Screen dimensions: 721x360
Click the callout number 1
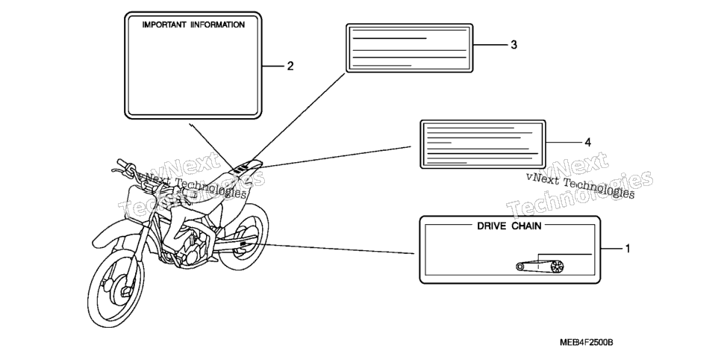(x=628, y=249)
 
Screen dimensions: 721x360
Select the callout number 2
(x=290, y=66)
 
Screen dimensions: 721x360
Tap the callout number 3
(x=514, y=45)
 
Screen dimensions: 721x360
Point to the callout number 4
(x=587, y=143)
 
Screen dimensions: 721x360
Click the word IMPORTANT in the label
(x=164, y=25)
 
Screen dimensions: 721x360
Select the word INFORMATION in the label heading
(x=217, y=25)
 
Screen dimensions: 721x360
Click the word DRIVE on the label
(x=492, y=226)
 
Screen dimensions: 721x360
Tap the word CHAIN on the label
(x=527, y=226)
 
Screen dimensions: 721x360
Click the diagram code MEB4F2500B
(x=587, y=343)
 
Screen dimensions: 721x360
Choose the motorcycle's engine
(x=193, y=249)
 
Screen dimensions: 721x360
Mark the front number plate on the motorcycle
(x=137, y=197)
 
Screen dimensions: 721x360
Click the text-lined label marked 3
(x=409, y=49)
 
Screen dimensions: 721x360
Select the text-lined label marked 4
(x=483, y=144)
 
